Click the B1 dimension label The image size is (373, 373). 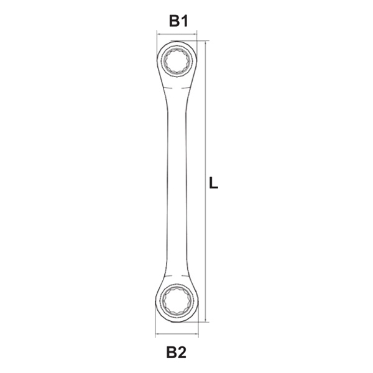coord(178,21)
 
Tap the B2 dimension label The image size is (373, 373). coord(177,352)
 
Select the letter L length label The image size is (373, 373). coord(213,183)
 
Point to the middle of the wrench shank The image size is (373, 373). coord(177,183)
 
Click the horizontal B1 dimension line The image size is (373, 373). coord(177,34)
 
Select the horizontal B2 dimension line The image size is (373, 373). coord(177,334)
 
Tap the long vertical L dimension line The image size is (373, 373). coord(206,182)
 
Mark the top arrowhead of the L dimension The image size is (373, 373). coord(206,43)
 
